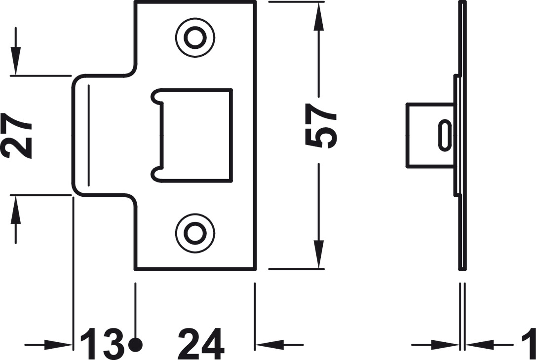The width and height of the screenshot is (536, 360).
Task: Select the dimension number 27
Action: point(17,136)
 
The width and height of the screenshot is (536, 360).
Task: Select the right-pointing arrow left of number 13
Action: point(59,344)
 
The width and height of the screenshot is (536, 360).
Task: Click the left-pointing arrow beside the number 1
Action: point(479,345)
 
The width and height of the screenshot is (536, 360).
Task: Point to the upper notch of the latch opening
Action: point(157,96)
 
